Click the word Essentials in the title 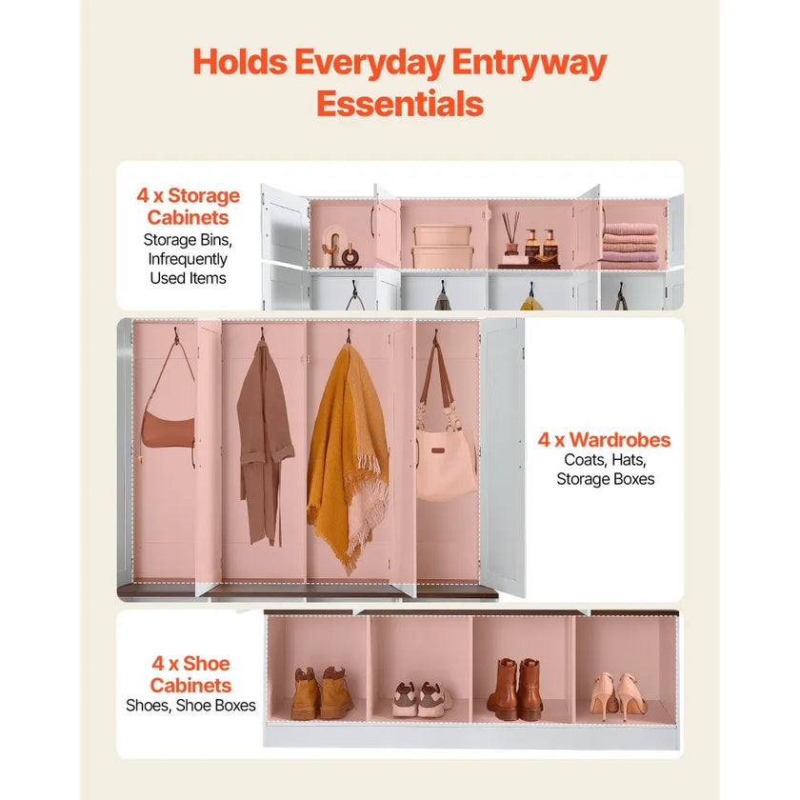tap(400, 104)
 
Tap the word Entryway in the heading tap(530, 63)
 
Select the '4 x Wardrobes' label tap(604, 440)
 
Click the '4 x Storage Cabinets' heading tap(189, 206)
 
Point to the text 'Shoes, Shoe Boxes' tap(190, 705)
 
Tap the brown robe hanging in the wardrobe tap(264, 444)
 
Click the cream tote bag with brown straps tap(445, 449)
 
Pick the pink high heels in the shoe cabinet tap(617, 695)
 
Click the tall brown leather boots tap(514, 689)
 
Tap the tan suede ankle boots tap(322, 693)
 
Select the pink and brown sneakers tap(421, 699)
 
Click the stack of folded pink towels tap(630, 246)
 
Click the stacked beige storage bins tap(442, 247)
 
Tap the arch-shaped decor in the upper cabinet tap(333, 246)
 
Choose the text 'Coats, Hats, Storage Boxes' tap(605, 470)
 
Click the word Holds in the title tap(240, 62)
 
